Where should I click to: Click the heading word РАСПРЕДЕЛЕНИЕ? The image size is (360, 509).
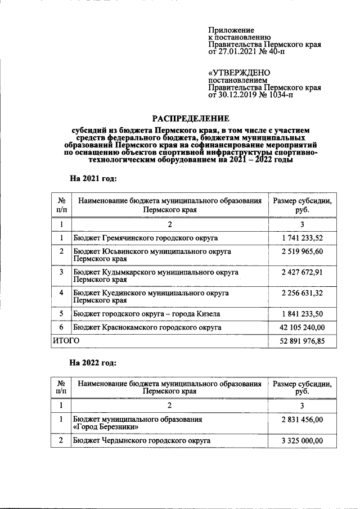pos(191,119)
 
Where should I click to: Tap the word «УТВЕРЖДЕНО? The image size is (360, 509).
pos(239,73)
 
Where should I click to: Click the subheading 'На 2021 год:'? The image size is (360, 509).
pos(93,178)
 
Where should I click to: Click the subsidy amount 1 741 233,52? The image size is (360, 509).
pos(302,238)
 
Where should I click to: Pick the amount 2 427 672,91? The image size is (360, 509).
pos(302,272)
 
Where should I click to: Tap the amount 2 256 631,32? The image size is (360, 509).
pos(302,293)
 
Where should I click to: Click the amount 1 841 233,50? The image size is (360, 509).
pos(302,314)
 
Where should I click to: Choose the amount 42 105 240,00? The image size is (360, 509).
pos(302,327)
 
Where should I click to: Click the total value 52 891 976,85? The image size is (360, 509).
pos(302,341)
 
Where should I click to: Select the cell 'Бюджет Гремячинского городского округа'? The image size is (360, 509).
pos(146,238)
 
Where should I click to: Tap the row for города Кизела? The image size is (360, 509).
pos(147,314)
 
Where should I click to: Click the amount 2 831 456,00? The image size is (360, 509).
pos(302,420)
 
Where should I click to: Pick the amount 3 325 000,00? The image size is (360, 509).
pos(302,440)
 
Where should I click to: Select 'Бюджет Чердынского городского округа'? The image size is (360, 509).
pos(142,440)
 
